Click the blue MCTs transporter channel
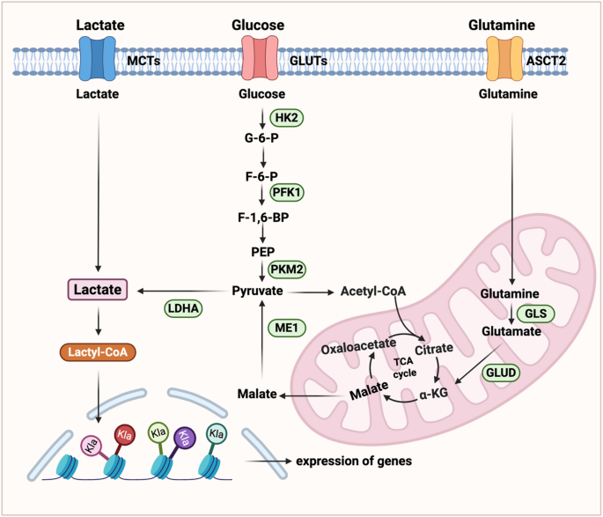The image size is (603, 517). point(97,61)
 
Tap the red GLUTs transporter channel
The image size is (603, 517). point(260,61)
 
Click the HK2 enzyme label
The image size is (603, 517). point(286,116)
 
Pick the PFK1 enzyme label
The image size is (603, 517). point(289,191)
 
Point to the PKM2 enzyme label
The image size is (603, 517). point(289,268)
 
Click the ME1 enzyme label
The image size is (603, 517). point(285,328)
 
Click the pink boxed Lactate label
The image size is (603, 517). point(98,289)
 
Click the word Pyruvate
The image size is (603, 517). point(259,289)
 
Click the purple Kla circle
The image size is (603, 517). point(184,435)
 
